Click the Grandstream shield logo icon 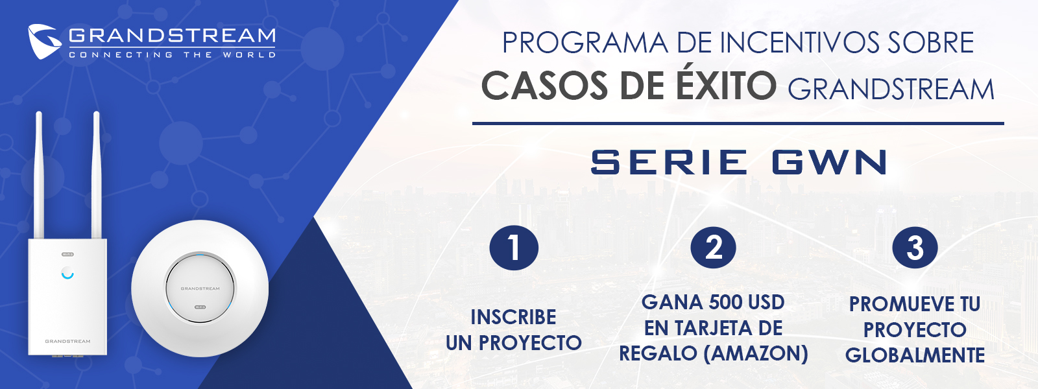(x=45, y=41)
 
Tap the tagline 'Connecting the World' (x=173, y=55)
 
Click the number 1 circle (x=514, y=247)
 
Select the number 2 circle (x=713, y=247)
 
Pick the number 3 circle (x=915, y=247)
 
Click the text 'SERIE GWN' (x=740, y=162)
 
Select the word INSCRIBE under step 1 (x=513, y=318)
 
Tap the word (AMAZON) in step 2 (x=756, y=354)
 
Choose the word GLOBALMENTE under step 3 (x=915, y=356)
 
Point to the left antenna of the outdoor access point (x=39, y=175)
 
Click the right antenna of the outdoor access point (x=97, y=175)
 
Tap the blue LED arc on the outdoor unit (x=67, y=276)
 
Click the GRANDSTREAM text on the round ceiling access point (x=200, y=289)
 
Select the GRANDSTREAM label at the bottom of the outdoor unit (x=67, y=341)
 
